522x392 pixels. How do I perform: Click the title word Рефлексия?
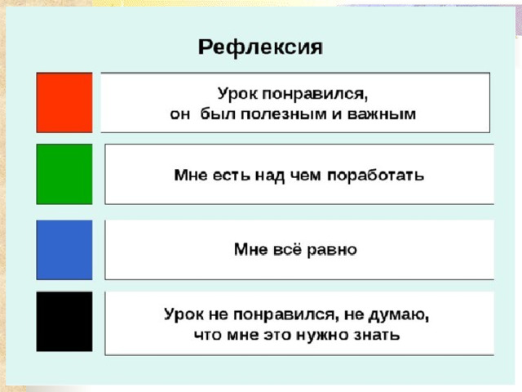pyautogui.click(x=260, y=47)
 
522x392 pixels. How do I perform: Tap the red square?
pyautogui.click(x=64, y=102)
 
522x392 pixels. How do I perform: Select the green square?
pyautogui.click(x=64, y=174)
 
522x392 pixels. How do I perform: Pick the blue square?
pyautogui.click(x=64, y=250)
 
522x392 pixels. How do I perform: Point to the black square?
pyautogui.click(x=64, y=321)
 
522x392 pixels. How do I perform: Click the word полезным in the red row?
pyautogui.click(x=284, y=114)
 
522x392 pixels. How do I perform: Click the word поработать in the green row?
pyautogui.click(x=376, y=176)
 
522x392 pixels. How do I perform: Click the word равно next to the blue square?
pyautogui.click(x=332, y=250)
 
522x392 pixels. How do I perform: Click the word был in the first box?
pyautogui.click(x=218, y=114)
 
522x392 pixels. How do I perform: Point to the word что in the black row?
pyautogui.click(x=206, y=335)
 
